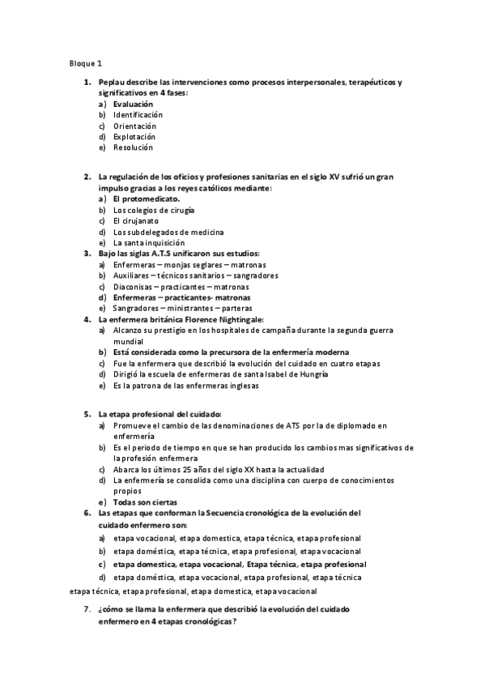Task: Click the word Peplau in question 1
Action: click(x=111, y=83)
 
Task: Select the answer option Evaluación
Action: click(x=133, y=105)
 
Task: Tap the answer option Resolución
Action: click(x=133, y=147)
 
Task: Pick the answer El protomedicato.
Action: click(x=147, y=198)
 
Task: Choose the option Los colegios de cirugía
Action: click(x=154, y=210)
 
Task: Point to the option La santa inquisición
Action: click(x=149, y=242)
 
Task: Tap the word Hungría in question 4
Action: click(x=308, y=374)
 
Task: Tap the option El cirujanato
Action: click(x=136, y=220)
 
